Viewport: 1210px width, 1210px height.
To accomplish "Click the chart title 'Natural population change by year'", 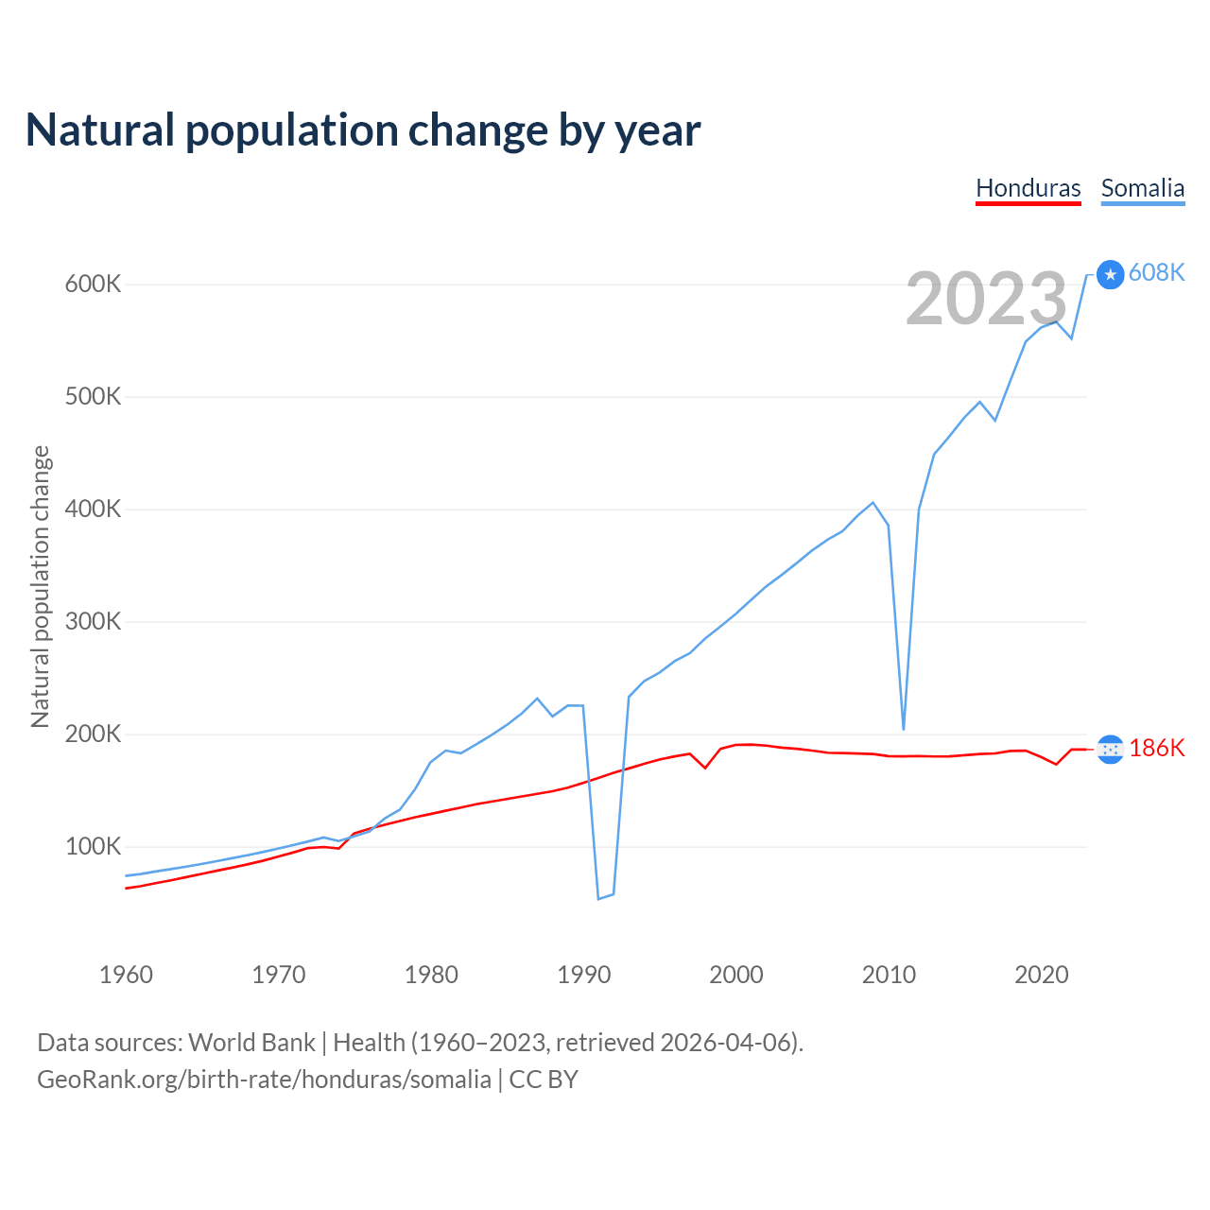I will (x=363, y=130).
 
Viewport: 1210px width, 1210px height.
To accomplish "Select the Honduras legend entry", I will (x=1028, y=188).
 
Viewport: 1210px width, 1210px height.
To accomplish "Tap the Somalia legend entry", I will (x=1142, y=188).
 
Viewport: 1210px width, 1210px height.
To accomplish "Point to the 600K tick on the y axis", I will (x=93, y=284).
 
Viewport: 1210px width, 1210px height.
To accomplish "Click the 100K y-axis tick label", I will (x=93, y=846).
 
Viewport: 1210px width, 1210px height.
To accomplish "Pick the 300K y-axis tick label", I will (x=93, y=621).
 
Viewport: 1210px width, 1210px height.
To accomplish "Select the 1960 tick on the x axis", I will (x=126, y=975).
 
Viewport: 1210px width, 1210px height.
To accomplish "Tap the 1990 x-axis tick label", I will (x=584, y=975).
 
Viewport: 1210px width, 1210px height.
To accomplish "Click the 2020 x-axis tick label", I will (x=1041, y=975).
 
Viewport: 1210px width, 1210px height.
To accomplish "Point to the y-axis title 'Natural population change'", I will (x=41, y=586).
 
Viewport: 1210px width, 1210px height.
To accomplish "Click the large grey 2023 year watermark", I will (x=986, y=299).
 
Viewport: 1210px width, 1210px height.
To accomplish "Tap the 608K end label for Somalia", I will (x=1156, y=272).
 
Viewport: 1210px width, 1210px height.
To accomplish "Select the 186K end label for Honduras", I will (x=1156, y=748).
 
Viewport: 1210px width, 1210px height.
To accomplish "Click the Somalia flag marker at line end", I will (x=1111, y=274).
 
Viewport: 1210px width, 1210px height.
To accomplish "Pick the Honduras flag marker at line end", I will (x=1111, y=749).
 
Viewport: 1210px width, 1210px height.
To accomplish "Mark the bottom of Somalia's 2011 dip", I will (x=904, y=729).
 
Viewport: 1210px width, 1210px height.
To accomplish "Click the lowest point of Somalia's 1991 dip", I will (x=598, y=898).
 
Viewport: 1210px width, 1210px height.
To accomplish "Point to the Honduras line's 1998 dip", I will (x=705, y=767).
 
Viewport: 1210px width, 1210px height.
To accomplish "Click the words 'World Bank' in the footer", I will (x=251, y=1043).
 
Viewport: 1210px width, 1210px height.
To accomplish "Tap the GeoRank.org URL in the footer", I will (x=264, y=1080).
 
